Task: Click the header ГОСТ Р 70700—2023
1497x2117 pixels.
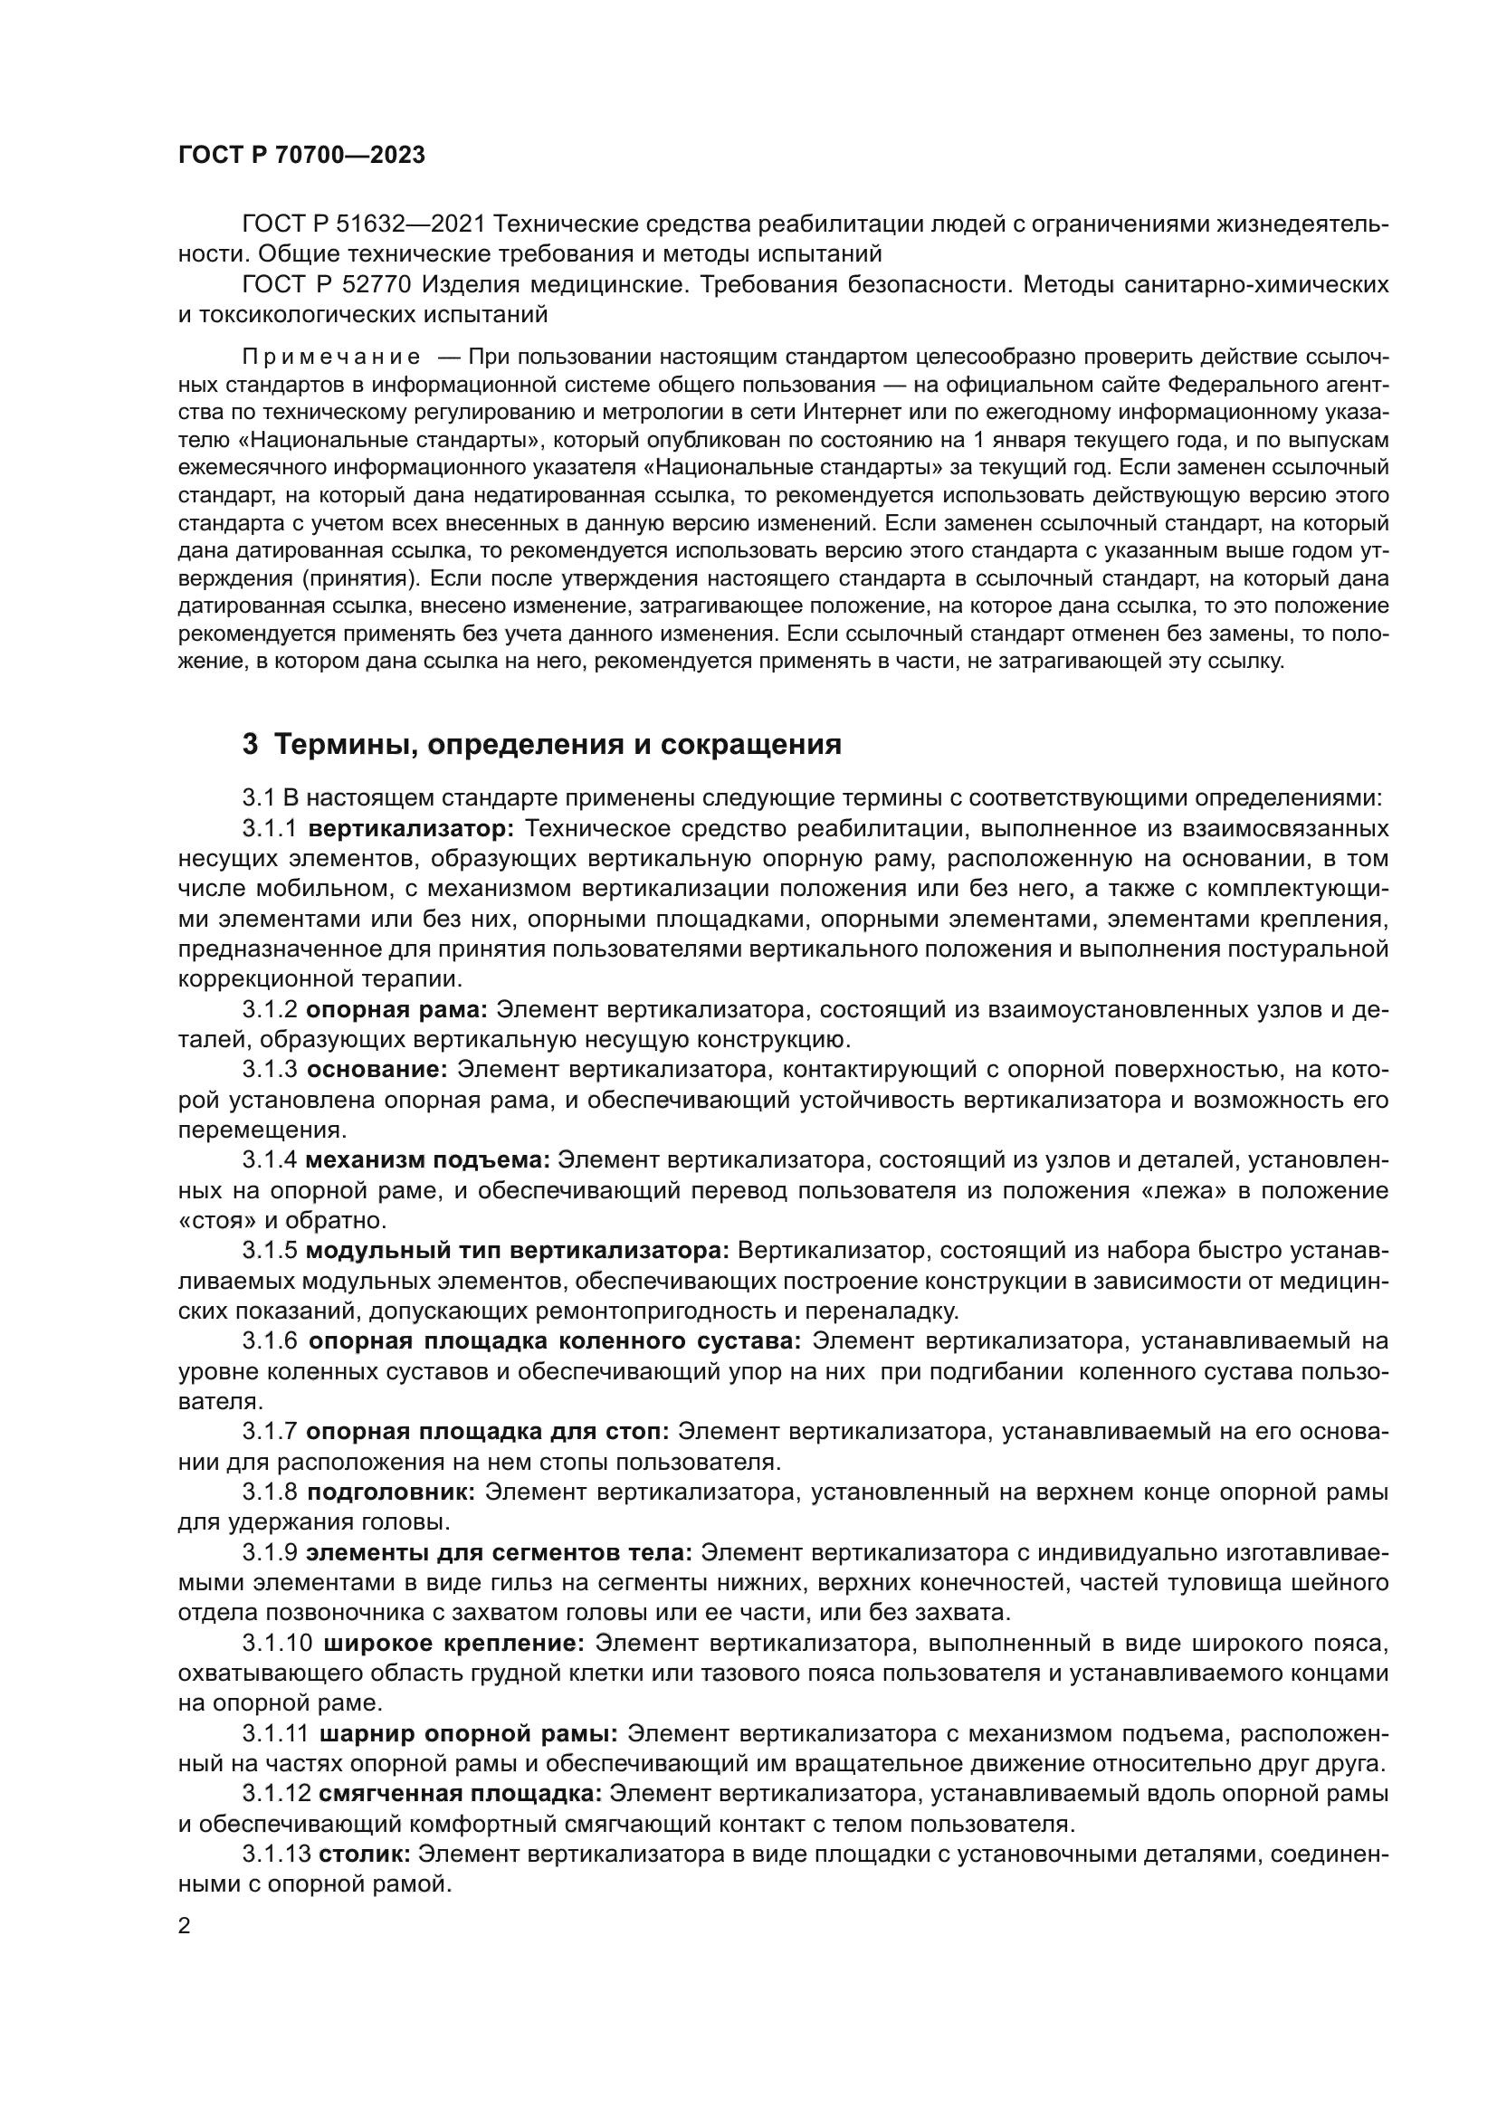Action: coord(301,155)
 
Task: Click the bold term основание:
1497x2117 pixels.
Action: coord(377,1070)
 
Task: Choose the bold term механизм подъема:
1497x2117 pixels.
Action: coord(428,1160)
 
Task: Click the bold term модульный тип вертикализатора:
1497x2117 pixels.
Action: coord(517,1250)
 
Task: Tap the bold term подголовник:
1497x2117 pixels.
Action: coord(391,1492)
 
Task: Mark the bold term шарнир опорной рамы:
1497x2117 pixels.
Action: coord(468,1733)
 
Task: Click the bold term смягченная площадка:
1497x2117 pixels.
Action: coord(460,1793)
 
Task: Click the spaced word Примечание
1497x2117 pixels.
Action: coord(331,358)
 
